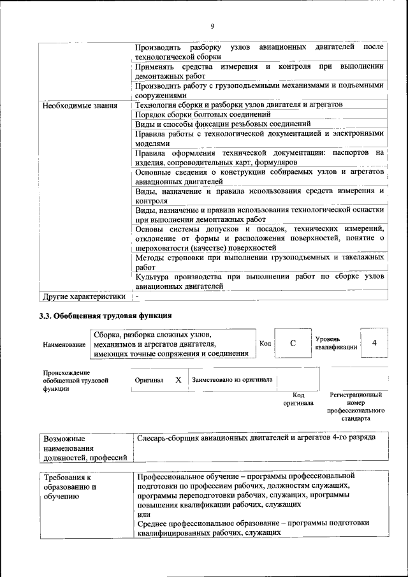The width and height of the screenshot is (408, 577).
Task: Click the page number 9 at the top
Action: coord(212,26)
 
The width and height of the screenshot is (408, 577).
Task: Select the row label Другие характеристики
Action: coord(84,296)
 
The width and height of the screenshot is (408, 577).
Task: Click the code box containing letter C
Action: coord(293,344)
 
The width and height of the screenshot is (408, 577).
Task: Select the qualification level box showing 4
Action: coord(374,343)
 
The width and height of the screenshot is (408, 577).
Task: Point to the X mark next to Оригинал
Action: coord(178,379)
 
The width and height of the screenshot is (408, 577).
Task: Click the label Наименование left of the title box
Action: coord(64,344)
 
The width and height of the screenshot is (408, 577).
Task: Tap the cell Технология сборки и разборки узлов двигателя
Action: coord(240,105)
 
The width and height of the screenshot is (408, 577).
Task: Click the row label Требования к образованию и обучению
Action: coord(69,486)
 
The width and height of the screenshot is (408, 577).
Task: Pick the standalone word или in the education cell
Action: coord(143,514)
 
